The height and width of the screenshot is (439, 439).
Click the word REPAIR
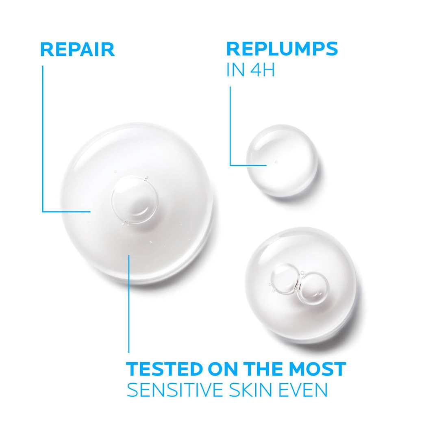pyautogui.click(x=78, y=50)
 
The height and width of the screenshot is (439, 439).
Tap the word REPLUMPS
pyautogui.click(x=282, y=49)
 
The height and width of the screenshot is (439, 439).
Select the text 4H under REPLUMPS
pyautogui.click(x=262, y=70)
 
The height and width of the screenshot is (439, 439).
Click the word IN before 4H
pyautogui.click(x=236, y=70)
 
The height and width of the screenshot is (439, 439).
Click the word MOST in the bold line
pyautogui.click(x=317, y=369)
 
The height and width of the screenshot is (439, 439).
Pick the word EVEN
pyautogui.click(x=303, y=390)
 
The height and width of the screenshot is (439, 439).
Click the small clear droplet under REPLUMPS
pyautogui.click(x=282, y=161)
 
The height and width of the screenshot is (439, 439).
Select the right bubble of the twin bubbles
pyautogui.click(x=313, y=288)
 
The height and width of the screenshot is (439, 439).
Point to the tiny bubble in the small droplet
pyautogui.click(x=276, y=162)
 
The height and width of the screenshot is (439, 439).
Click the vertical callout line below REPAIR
pyautogui.click(x=43, y=139)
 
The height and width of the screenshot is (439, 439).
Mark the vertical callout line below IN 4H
pyautogui.click(x=230, y=126)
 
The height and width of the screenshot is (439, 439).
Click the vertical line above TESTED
pyautogui.click(x=129, y=304)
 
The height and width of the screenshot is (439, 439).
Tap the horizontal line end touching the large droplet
pyautogui.click(x=90, y=211)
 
